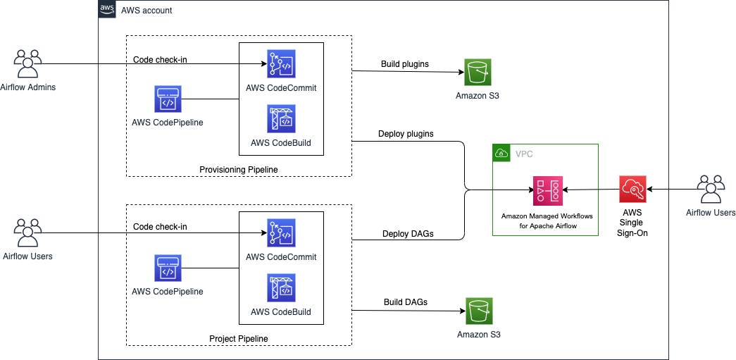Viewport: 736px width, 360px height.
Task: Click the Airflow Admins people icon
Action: click(x=28, y=63)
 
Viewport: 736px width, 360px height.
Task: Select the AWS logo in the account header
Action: click(x=107, y=10)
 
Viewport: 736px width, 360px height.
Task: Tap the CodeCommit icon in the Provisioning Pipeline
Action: click(x=281, y=63)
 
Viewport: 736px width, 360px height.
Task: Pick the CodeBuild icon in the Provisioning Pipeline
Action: click(x=281, y=119)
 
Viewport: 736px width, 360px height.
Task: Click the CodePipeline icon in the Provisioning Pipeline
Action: click(x=168, y=99)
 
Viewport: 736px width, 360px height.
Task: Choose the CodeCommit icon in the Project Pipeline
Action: click(x=281, y=233)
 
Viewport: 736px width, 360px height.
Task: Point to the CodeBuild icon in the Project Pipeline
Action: click(x=281, y=288)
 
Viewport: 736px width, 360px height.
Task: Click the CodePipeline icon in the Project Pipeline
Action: click(x=168, y=268)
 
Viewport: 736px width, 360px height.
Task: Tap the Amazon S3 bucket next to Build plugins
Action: click(x=477, y=72)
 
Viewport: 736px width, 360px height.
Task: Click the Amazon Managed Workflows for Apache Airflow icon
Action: click(x=547, y=190)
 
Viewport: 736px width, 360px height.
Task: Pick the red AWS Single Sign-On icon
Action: click(x=632, y=190)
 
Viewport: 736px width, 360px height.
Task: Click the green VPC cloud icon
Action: click(x=502, y=153)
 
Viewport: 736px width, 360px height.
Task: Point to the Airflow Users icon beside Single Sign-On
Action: click(x=711, y=189)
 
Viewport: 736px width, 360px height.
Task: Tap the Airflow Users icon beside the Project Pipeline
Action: click(x=28, y=232)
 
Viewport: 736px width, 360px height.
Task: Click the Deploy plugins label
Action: click(x=406, y=133)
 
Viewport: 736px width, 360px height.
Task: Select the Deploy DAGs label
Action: click(x=408, y=234)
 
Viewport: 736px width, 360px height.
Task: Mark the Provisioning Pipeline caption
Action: click(x=239, y=169)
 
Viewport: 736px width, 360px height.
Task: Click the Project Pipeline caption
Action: click(x=239, y=339)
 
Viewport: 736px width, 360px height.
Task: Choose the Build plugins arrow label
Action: click(x=405, y=64)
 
